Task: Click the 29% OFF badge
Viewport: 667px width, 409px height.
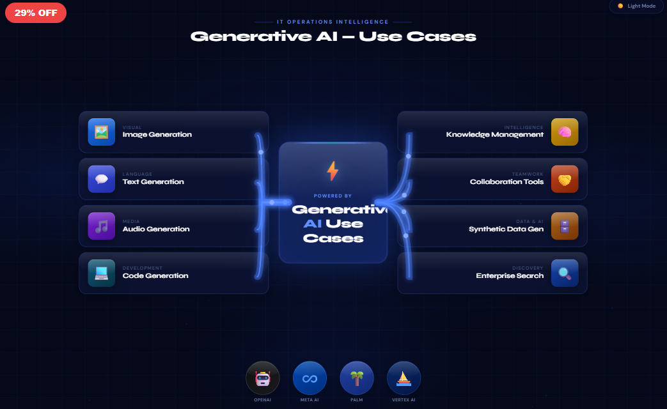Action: click(x=36, y=13)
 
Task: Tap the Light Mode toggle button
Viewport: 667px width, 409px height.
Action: click(x=636, y=6)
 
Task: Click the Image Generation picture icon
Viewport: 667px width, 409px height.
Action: click(x=101, y=132)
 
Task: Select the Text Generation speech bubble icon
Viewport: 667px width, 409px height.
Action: click(x=101, y=179)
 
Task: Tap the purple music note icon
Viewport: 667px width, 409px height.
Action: click(x=101, y=226)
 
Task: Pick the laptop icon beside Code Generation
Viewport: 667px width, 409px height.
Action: click(x=101, y=273)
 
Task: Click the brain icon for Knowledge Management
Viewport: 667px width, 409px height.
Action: click(x=564, y=132)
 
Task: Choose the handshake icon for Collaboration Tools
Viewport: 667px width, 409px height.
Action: click(x=564, y=179)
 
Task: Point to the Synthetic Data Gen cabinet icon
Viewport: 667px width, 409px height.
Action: click(x=564, y=226)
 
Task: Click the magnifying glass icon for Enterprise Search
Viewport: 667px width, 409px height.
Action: click(x=564, y=273)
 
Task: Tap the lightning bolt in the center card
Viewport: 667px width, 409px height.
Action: click(x=333, y=171)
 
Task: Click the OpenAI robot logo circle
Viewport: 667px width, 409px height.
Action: click(x=263, y=378)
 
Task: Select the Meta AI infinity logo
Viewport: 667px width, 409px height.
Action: click(x=310, y=378)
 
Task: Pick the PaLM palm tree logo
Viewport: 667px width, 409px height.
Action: click(x=357, y=378)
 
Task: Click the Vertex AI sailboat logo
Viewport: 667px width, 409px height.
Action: click(x=404, y=378)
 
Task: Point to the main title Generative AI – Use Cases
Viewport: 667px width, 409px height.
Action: click(x=333, y=36)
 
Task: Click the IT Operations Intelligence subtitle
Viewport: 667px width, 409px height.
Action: click(x=333, y=22)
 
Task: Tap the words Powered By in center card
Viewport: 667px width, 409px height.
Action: click(x=333, y=196)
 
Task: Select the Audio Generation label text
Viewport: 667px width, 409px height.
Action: click(x=156, y=229)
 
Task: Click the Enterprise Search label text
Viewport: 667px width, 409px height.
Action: click(x=510, y=275)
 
